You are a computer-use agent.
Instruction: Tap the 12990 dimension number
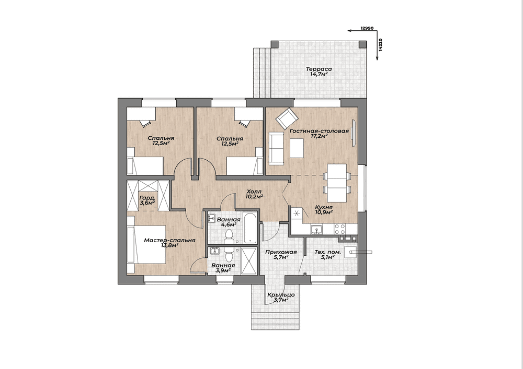click(367, 28)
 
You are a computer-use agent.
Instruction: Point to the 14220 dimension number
click(381, 44)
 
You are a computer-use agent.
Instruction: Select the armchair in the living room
click(287, 118)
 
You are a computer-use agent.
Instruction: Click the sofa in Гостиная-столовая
click(276, 148)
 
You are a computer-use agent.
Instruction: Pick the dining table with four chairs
click(337, 183)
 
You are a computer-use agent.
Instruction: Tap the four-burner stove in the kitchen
click(339, 229)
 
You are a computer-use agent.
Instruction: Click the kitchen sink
click(316, 229)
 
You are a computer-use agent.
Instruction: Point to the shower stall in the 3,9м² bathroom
click(249, 261)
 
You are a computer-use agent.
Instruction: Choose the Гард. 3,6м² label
click(147, 200)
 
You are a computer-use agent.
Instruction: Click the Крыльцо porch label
click(281, 297)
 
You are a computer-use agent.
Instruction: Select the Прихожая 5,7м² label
click(281, 255)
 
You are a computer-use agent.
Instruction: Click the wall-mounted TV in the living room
click(354, 133)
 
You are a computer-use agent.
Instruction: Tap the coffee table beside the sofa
click(297, 148)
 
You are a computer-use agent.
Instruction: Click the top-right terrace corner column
click(362, 44)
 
